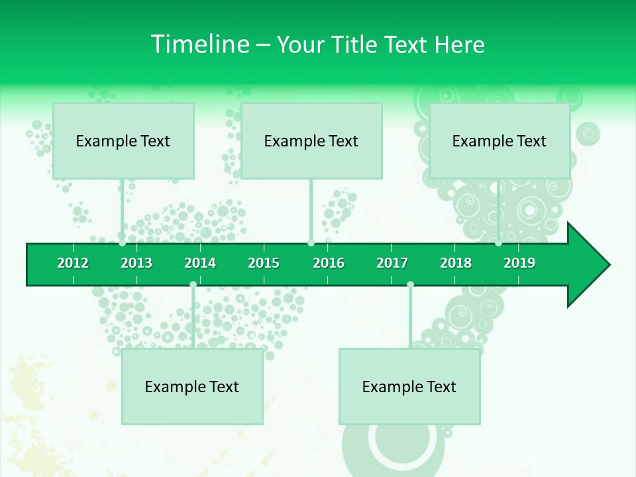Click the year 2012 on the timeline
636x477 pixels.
pos(73,263)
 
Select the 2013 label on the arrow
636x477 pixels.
pos(136,263)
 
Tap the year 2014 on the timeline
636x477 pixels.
pos(200,263)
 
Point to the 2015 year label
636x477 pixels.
pos(264,263)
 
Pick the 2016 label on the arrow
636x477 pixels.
pos(329,263)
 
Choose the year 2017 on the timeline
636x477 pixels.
pos(392,263)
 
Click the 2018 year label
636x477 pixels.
pos(456,263)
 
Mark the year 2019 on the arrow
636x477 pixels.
pos(519,263)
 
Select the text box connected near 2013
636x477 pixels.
pos(123,140)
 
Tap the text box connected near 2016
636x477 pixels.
pos(311,140)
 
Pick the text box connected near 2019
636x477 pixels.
pos(500,140)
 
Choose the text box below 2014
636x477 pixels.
pos(192,386)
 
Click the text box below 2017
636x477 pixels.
pos(409,386)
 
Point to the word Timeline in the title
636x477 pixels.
pos(199,44)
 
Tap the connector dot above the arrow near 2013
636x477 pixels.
pos(123,243)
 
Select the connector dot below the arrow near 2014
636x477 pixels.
pos(193,285)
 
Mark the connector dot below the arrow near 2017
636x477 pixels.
pos(410,285)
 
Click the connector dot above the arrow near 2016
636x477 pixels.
pos(311,243)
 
